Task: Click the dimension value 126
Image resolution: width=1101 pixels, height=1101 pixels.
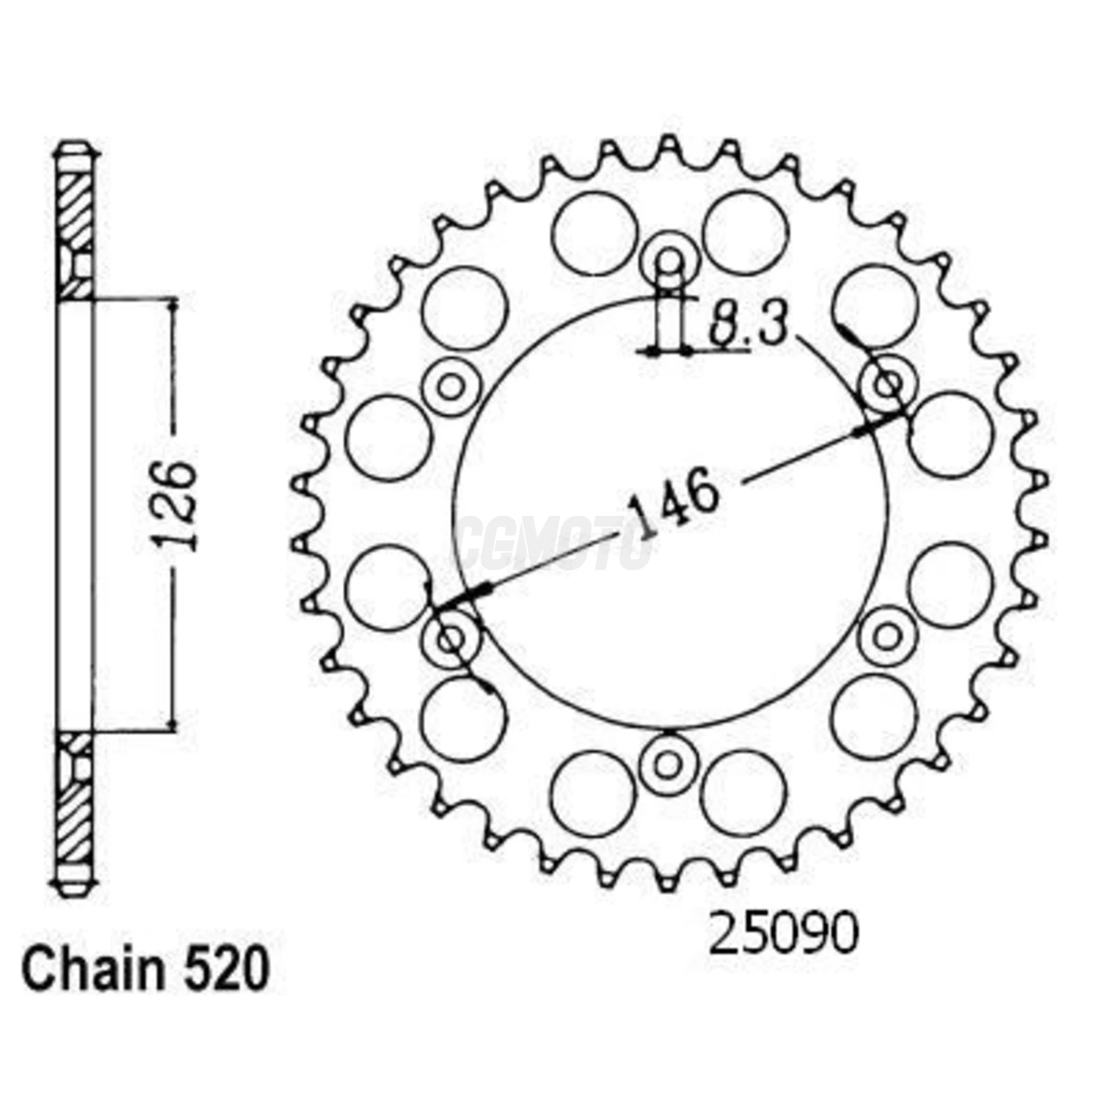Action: (x=175, y=505)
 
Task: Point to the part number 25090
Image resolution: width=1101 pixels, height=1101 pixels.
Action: (x=783, y=933)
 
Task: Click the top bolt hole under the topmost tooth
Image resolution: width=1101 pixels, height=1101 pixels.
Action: (x=668, y=260)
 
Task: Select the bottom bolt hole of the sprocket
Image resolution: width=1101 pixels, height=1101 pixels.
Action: (x=668, y=764)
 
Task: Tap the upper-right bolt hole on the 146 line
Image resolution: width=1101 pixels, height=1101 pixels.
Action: (x=888, y=385)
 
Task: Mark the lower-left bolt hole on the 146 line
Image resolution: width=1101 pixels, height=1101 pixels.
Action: (x=451, y=639)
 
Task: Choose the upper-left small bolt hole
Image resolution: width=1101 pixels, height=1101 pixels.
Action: (x=451, y=385)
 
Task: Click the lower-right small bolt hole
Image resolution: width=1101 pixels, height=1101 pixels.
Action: (x=887, y=637)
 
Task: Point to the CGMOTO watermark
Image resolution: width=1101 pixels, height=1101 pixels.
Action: (x=555, y=543)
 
